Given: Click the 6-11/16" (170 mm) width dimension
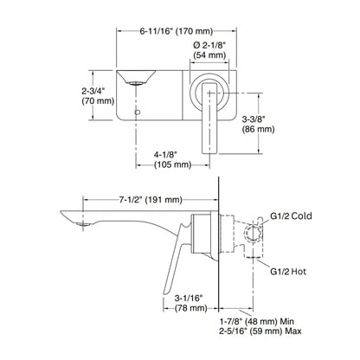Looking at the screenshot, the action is (177, 31).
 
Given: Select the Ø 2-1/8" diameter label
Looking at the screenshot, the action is (209, 45).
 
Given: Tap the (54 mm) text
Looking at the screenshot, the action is (209, 55).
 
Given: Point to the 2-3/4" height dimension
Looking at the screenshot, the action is (93, 92).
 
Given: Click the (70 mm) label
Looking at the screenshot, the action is (98, 101).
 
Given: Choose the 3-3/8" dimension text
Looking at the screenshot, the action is (254, 119).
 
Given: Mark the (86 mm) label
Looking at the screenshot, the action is (258, 129).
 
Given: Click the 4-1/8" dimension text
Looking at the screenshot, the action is (165, 155).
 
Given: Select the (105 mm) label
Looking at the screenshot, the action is (173, 164).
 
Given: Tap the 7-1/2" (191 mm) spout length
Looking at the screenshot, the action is (151, 199).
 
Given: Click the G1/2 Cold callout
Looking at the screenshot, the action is (291, 215).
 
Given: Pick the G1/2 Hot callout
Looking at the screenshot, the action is (288, 272).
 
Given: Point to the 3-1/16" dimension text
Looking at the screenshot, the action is (189, 298).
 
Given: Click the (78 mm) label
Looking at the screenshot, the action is (191, 308).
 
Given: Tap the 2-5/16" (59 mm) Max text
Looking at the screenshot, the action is (260, 331).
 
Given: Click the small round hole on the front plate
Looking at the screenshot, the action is (138, 112).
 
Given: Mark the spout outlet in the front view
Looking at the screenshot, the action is (136, 83).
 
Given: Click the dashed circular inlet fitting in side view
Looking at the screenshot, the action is (254, 233).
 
